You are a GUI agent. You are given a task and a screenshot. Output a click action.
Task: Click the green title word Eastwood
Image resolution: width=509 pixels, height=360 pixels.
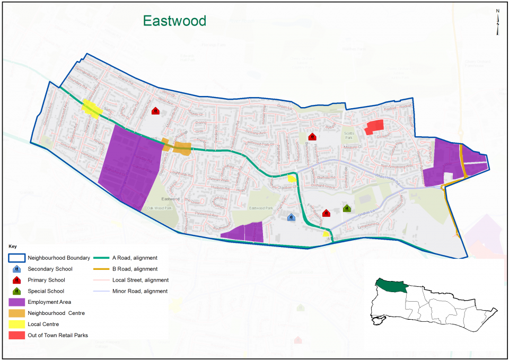[174, 21]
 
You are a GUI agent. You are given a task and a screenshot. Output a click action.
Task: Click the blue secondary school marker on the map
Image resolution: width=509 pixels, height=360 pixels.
[291, 217]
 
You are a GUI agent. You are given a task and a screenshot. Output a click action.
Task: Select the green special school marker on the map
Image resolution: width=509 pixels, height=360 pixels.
[347, 208]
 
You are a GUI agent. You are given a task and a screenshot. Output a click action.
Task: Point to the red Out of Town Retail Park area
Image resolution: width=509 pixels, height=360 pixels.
[374, 127]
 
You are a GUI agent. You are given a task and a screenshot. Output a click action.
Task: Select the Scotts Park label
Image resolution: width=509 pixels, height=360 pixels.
[349, 134]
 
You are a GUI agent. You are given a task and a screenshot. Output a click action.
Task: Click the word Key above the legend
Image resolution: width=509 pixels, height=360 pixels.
[13, 247]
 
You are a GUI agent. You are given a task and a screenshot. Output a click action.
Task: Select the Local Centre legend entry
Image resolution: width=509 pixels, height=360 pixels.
[43, 324]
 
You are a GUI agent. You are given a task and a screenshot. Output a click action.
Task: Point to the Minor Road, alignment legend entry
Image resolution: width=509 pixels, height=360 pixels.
[139, 291]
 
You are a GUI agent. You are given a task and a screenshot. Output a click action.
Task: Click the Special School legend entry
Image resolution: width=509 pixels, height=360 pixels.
[46, 291]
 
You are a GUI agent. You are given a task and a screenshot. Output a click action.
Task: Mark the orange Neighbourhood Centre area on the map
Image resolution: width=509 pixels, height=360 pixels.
[181, 148]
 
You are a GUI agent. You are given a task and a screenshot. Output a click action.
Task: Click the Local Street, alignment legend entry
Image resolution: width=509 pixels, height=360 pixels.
[140, 280]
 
